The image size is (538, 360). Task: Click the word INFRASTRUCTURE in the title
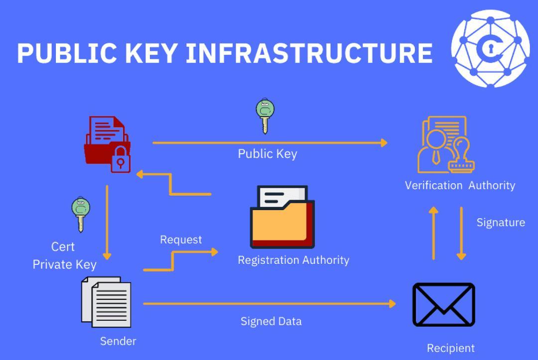[x=309, y=53]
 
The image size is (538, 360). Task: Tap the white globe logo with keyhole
[x=490, y=48]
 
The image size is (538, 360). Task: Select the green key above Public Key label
[x=265, y=115]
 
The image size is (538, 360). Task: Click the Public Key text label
[x=268, y=153]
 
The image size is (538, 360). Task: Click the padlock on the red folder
[x=121, y=161]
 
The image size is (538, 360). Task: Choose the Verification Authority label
[x=460, y=185]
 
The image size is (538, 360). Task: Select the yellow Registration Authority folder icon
[x=282, y=217]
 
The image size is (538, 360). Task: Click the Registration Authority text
[x=293, y=260]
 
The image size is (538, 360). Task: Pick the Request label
[x=181, y=240]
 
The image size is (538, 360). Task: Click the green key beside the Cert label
[x=80, y=214]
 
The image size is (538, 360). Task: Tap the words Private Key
[x=65, y=264]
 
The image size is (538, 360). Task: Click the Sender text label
[x=118, y=341]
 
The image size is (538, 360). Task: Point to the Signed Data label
[x=271, y=321]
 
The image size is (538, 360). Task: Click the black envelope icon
[x=443, y=304]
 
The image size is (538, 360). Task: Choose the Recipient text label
[x=451, y=348]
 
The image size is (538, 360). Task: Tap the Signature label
[x=501, y=222]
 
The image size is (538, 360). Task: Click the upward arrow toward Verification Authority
[x=433, y=233]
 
